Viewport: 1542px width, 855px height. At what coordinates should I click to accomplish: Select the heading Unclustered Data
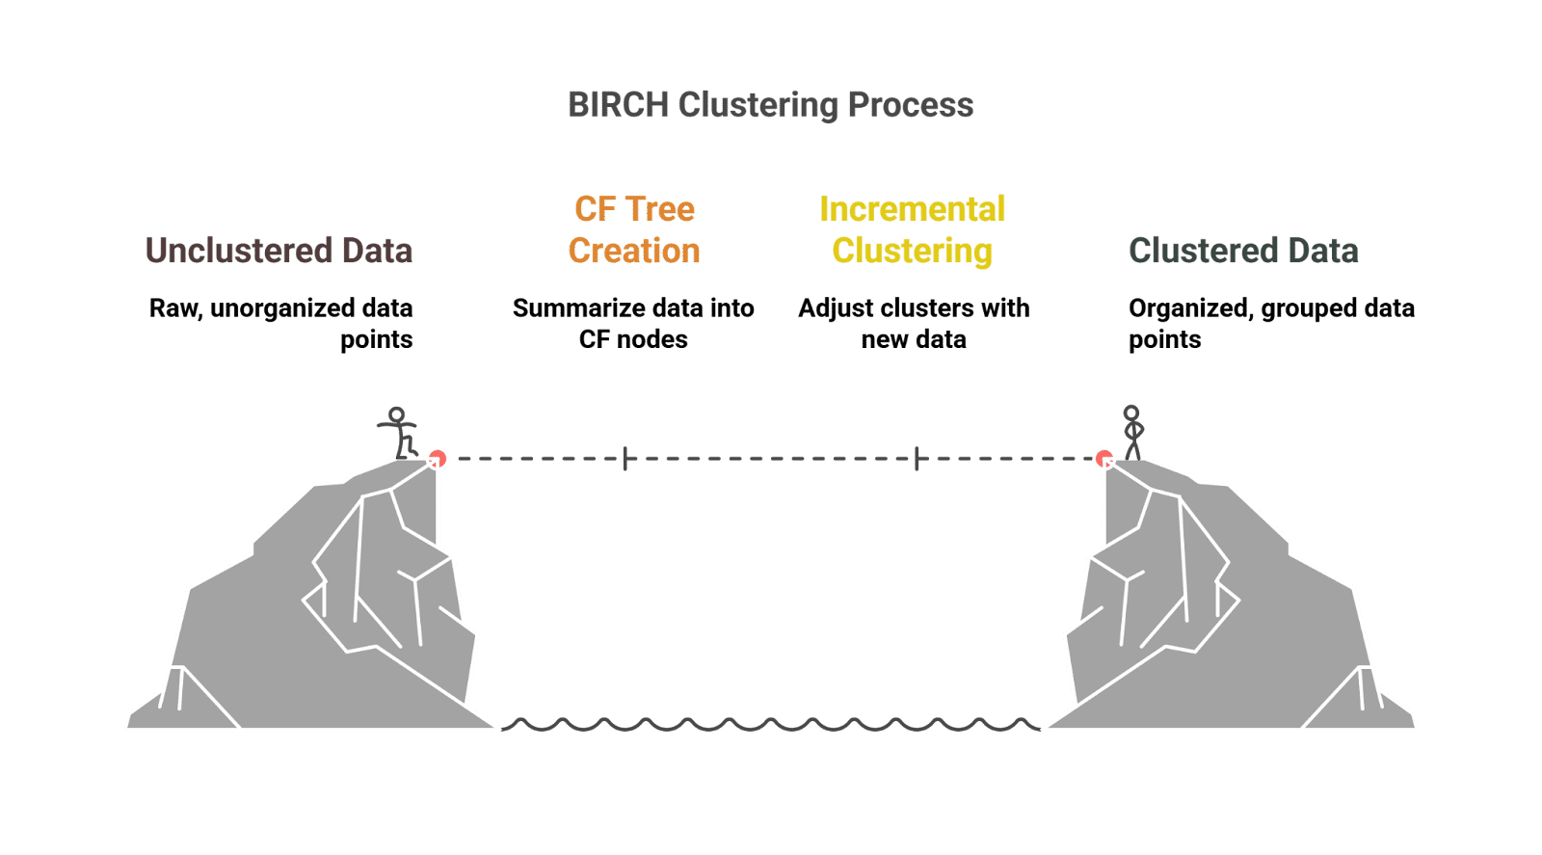[279, 251]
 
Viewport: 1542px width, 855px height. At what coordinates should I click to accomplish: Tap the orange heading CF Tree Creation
[634, 229]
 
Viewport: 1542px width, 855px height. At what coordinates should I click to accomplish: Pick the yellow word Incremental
[912, 209]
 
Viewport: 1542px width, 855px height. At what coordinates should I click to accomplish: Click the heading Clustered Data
[1243, 251]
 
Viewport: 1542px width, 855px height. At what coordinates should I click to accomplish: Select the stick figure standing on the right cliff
[1133, 433]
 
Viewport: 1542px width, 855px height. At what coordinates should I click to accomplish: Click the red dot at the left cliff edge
[438, 459]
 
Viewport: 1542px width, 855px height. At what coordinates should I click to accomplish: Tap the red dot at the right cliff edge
[1104, 459]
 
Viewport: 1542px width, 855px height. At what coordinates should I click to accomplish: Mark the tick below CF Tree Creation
[625, 459]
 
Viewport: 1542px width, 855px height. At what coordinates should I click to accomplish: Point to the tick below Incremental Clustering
[917, 459]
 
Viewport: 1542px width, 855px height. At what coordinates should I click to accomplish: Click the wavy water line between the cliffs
[771, 724]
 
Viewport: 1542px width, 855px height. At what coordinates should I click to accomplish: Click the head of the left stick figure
[396, 415]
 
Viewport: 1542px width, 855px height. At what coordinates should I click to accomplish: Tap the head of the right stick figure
[1131, 414]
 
